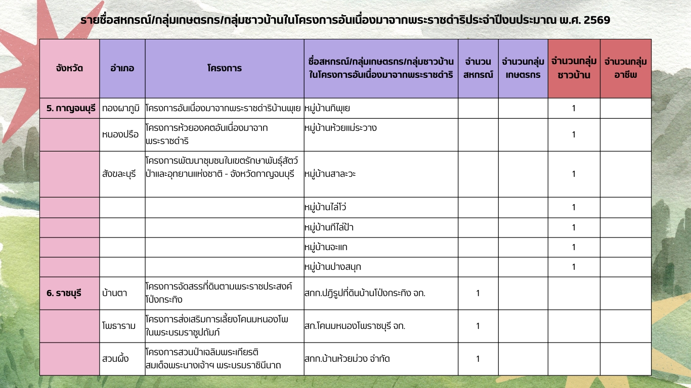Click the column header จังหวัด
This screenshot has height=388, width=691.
(70, 69)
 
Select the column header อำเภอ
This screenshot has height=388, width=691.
(122, 69)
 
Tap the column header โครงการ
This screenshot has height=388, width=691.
(224, 69)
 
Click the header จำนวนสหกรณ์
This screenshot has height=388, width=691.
(478, 69)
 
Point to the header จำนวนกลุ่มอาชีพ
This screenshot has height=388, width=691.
(625, 69)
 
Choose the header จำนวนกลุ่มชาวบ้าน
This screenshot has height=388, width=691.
(574, 69)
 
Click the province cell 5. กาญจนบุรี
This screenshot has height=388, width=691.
(71, 108)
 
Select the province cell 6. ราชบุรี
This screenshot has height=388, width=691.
(64, 293)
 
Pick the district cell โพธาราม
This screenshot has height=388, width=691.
(119, 326)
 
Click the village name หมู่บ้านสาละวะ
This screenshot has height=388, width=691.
(330, 174)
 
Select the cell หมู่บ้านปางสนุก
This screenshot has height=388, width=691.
(333, 267)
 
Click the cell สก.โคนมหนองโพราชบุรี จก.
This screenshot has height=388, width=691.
(355, 326)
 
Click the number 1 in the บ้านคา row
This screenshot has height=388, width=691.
(478, 293)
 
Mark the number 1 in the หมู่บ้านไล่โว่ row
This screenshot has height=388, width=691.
(574, 207)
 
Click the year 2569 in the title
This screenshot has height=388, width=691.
(597, 20)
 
